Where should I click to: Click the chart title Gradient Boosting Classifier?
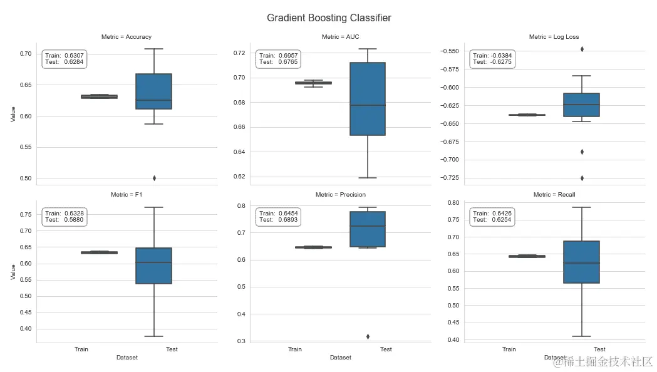coord(329,18)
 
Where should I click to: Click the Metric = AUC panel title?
coord(340,37)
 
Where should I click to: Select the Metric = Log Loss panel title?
coord(554,37)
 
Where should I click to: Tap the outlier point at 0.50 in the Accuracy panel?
coord(154,178)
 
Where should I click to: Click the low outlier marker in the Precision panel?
coord(368,336)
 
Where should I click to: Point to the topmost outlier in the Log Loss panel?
coord(582,49)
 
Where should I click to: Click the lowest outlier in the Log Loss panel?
coord(582,178)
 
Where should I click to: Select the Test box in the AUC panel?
coord(368,99)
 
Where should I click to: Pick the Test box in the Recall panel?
coord(582,262)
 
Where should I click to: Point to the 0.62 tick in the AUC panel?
coord(239,177)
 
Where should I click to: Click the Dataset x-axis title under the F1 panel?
coord(127,358)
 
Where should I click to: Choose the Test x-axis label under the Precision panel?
coord(386,349)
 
